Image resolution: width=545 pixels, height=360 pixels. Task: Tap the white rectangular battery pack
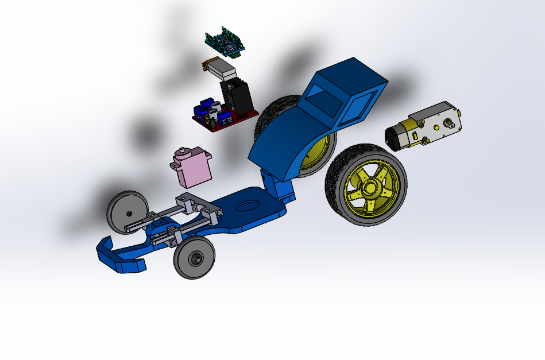pyautogui.click(x=220, y=68)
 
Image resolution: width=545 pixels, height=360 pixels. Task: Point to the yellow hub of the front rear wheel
pyautogui.click(x=368, y=185)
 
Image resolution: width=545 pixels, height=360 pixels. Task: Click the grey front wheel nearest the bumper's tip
pyautogui.click(x=195, y=258)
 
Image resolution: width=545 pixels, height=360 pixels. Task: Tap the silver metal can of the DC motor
pyautogui.click(x=396, y=138)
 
